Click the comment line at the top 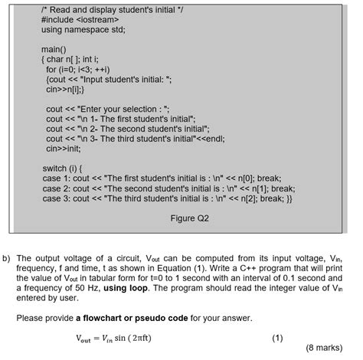103,8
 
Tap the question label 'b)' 6,259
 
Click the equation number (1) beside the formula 279,338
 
